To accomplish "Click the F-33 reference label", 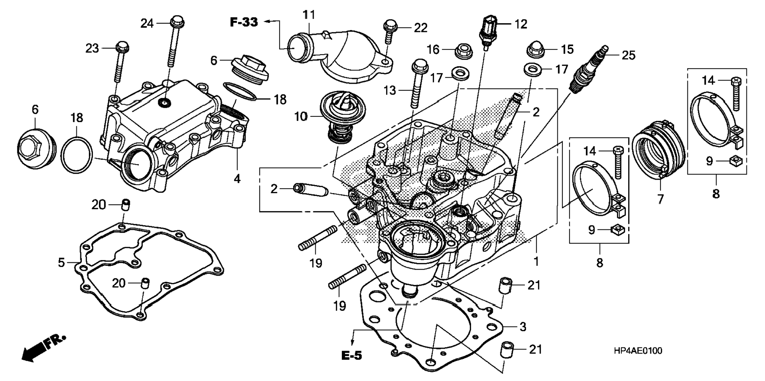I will pyautogui.click(x=244, y=23).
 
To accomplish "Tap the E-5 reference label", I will pyautogui.click(x=351, y=356).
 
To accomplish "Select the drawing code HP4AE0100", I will pyautogui.click(x=638, y=351).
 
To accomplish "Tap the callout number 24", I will pyautogui.click(x=147, y=24).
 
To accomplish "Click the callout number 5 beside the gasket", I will pyautogui.click(x=61, y=263).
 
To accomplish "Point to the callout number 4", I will pyautogui.click(x=237, y=179).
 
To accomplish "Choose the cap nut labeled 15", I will pyautogui.click(x=535, y=49).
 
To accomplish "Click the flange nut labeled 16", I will pyautogui.click(x=463, y=51).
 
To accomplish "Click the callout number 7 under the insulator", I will pyautogui.click(x=660, y=199).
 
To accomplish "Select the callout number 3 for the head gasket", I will pyautogui.click(x=523, y=327).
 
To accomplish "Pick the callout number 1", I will pyautogui.click(x=536, y=261).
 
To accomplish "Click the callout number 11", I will pyautogui.click(x=309, y=15).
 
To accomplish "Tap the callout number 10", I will pyautogui.click(x=301, y=116).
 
